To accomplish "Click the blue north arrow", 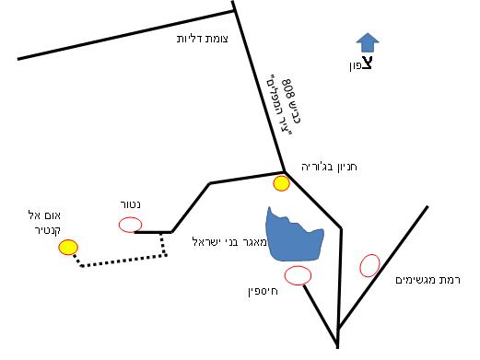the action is point(368,42).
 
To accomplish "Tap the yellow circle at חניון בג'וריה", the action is point(282,183).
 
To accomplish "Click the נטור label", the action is point(126,204).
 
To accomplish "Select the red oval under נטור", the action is point(130,224).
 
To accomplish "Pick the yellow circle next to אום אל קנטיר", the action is point(67,247).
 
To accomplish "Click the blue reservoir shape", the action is point(293,237).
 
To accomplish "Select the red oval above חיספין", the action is point(299,274).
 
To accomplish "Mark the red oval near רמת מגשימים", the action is point(369,265).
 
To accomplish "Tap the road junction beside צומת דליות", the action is point(234,11).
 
